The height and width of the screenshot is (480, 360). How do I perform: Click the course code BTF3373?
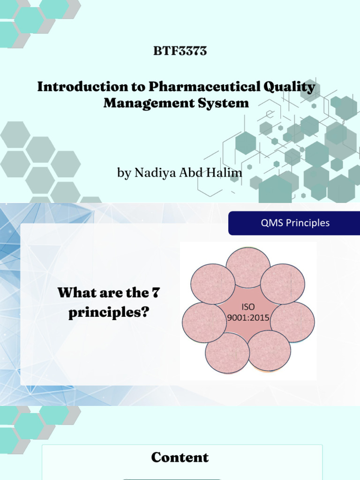coord(180,52)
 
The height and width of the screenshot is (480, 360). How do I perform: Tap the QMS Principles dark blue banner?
coord(294,223)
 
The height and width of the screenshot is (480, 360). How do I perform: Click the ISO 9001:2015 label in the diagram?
coord(248,313)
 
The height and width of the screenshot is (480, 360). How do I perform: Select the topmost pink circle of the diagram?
coord(248,268)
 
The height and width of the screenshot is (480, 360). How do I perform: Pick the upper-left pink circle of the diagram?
coord(213,284)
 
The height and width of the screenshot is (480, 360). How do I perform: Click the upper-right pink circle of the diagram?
coord(283,284)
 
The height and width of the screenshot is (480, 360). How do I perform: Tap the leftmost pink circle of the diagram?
coord(204,322)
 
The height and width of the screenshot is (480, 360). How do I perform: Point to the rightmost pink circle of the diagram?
coord(293,322)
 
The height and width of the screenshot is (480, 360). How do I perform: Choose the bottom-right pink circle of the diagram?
coord(270,351)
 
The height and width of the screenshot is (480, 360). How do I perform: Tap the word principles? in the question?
coord(108,313)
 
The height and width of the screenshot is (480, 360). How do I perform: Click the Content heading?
coord(180,457)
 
